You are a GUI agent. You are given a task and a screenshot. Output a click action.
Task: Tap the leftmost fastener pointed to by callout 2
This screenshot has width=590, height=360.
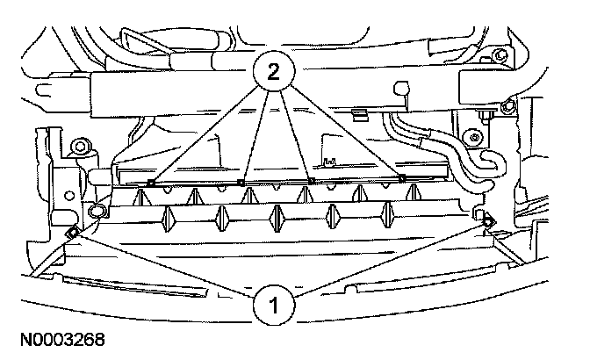tap(152, 183)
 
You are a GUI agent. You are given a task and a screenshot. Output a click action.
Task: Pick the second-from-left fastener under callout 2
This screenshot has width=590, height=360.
tap(241, 183)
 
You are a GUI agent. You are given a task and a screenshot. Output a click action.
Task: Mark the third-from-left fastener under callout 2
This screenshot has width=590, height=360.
tap(312, 182)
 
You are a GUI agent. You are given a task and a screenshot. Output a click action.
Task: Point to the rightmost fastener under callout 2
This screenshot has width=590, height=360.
tap(402, 179)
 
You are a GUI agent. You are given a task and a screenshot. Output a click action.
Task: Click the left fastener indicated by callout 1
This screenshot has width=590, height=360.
tap(71, 231)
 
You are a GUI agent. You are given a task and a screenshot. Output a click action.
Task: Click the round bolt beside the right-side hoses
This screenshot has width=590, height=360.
tap(475, 136)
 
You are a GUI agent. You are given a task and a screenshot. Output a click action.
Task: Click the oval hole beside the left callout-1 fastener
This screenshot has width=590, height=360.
tap(96, 211)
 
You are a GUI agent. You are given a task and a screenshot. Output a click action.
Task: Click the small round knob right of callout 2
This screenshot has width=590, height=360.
tap(403, 87)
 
